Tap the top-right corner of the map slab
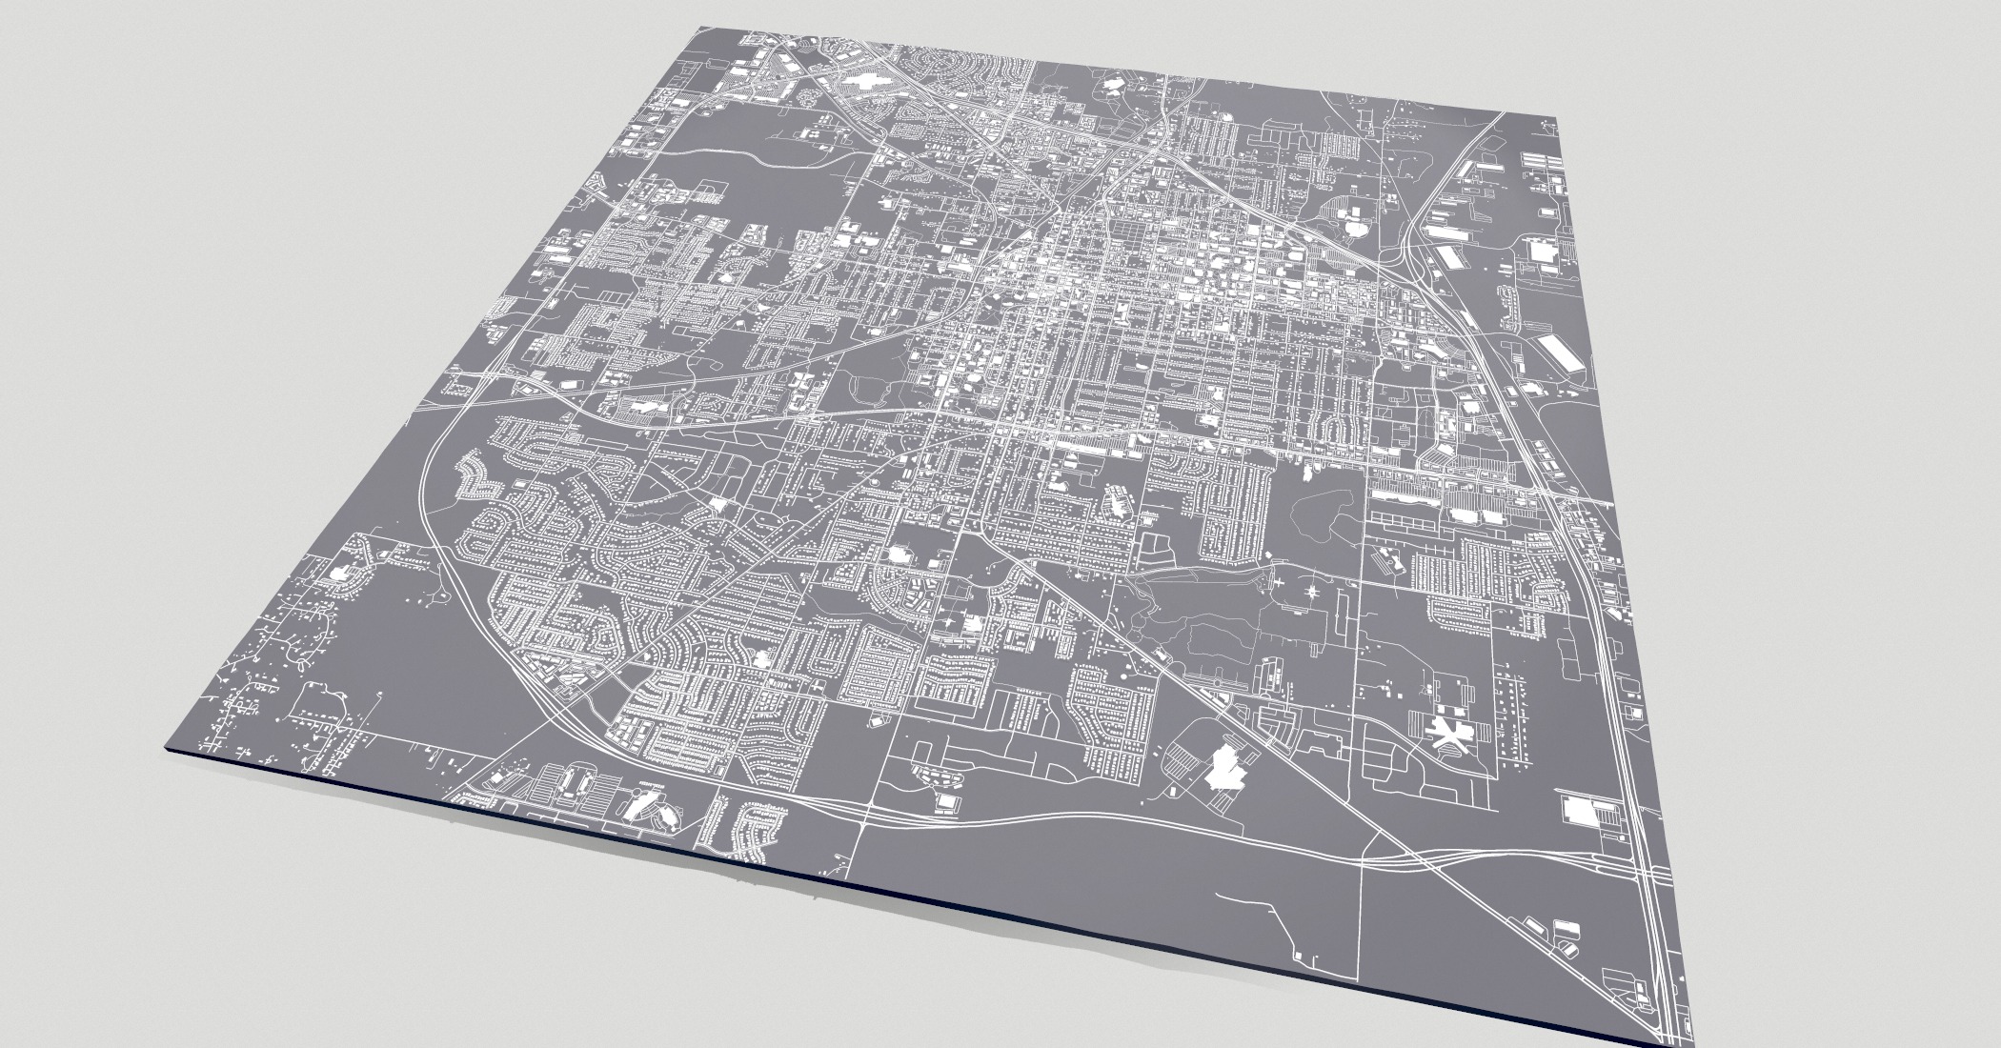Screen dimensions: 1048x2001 point(1849,120)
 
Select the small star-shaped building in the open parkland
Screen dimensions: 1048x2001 point(1312,594)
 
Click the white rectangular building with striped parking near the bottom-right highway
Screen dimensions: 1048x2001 point(1585,812)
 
